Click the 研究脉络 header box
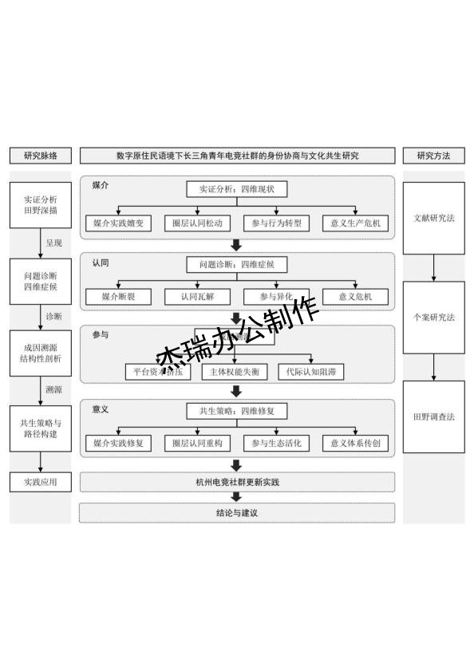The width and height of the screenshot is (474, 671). pos(41,156)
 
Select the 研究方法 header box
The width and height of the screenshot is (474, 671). pos(433,156)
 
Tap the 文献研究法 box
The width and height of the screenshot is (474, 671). pos(433,218)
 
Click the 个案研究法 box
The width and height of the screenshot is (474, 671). pos(433,317)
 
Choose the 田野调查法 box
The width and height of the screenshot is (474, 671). pos(433,416)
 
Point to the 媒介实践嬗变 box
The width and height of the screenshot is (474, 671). pos(118,223)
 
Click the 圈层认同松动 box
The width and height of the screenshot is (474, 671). pos(197,223)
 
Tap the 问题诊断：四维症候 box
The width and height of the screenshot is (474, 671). pos(237,263)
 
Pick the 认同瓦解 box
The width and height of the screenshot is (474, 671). pos(197,298)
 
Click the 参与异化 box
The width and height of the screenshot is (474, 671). pos(276,298)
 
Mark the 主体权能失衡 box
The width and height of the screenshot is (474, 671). pos(234,372)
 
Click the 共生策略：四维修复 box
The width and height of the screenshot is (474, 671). pos(237,411)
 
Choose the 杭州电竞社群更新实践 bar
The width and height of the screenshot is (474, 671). pos(237,482)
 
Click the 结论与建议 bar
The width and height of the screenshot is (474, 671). pos(237,512)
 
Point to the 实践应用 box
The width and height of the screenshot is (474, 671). pos(41,482)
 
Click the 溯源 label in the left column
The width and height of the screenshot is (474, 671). pos(53,390)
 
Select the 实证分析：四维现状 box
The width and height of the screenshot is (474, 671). pos(237,189)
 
